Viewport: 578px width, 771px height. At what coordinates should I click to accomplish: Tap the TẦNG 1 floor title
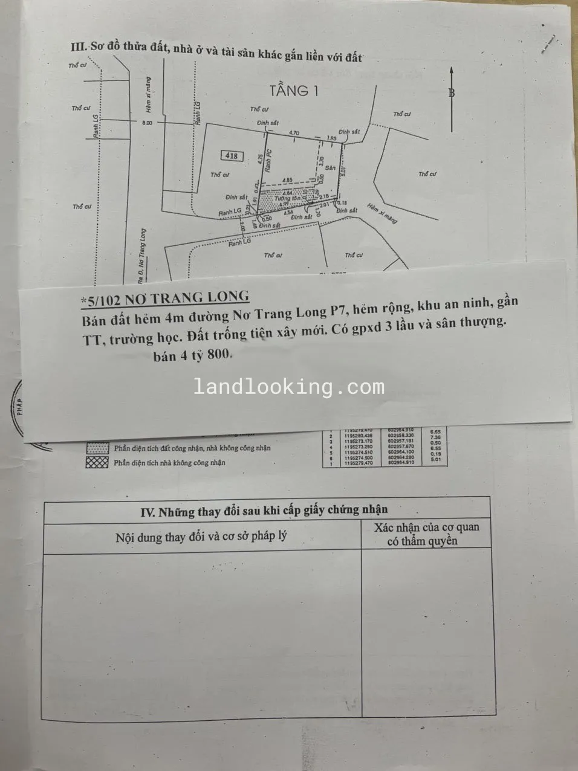coord(293,91)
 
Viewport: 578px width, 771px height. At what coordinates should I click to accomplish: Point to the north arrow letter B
coord(451,92)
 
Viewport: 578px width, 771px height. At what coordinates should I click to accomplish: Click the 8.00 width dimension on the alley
coord(147,123)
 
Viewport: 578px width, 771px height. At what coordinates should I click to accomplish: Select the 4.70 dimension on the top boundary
coord(294,132)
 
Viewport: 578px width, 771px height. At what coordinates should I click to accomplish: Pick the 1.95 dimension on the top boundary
coord(331,138)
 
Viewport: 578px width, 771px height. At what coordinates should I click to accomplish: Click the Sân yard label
coord(330,167)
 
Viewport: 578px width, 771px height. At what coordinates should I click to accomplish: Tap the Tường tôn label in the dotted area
coord(287,198)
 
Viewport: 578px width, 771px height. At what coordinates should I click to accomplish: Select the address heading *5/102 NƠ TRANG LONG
coord(165,297)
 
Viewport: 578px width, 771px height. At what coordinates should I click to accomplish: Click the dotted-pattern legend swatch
coord(98,448)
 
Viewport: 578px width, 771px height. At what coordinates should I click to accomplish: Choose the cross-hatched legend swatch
coord(98,462)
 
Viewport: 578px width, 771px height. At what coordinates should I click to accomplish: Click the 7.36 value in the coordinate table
coord(435,437)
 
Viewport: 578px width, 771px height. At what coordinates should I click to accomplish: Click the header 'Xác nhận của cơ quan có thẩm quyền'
coord(426,534)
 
